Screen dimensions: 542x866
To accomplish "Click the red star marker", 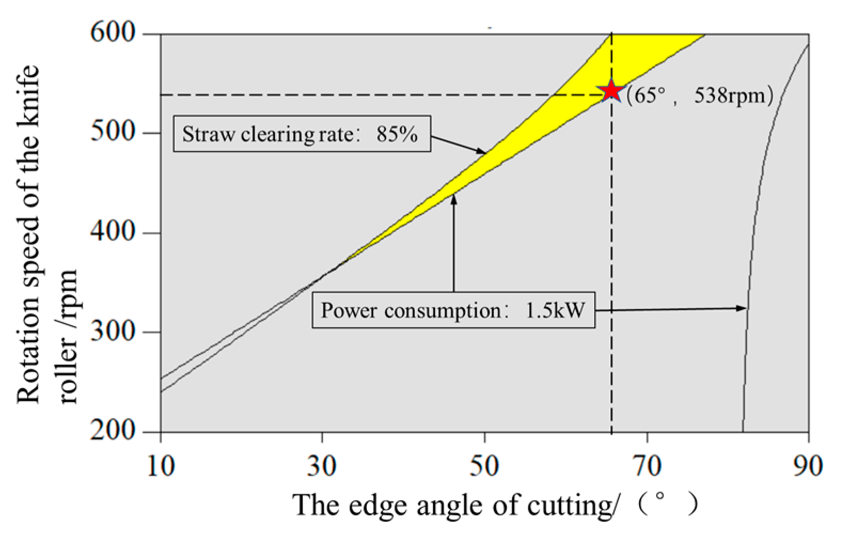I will [611, 91].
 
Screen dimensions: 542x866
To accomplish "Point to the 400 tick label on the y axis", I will [113, 232].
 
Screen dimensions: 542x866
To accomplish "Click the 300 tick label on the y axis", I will [113, 331].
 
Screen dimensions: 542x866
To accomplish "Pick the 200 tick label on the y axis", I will [113, 430].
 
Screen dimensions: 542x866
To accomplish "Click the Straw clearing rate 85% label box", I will [302, 133].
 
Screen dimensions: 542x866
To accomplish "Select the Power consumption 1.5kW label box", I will [453, 310].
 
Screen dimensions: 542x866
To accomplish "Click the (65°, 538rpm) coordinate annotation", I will [699, 96].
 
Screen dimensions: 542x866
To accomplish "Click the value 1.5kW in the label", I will [555, 310].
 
